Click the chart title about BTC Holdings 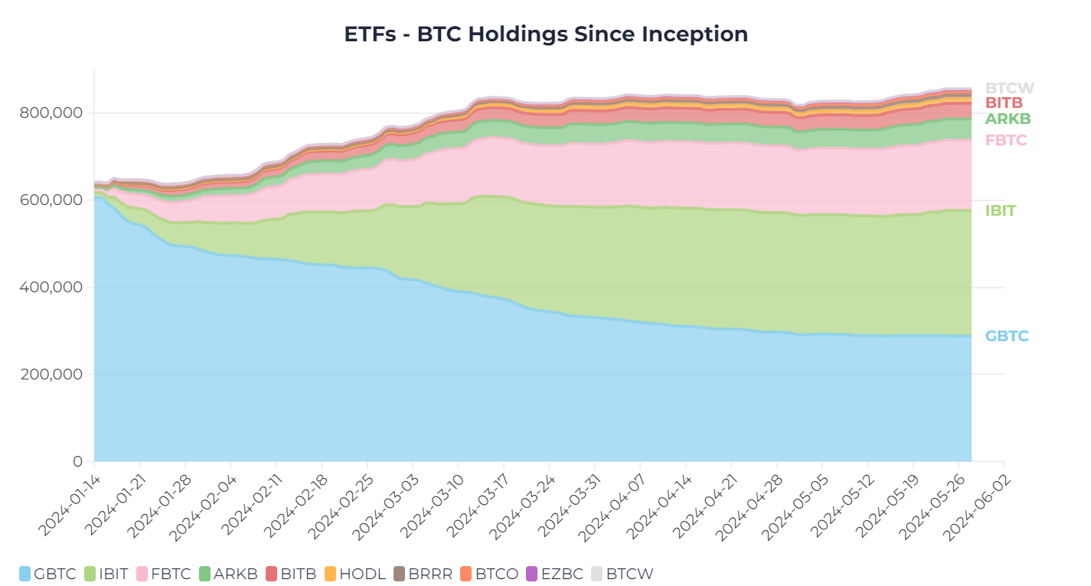(x=545, y=34)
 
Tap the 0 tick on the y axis (x=77, y=462)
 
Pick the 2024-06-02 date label (x=978, y=498)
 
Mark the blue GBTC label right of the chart (x=1007, y=337)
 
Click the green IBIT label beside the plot (x=1001, y=211)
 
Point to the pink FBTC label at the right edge (x=1006, y=141)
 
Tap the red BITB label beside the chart (x=1004, y=103)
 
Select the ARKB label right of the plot (x=1008, y=119)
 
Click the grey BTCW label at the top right (x=1009, y=88)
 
